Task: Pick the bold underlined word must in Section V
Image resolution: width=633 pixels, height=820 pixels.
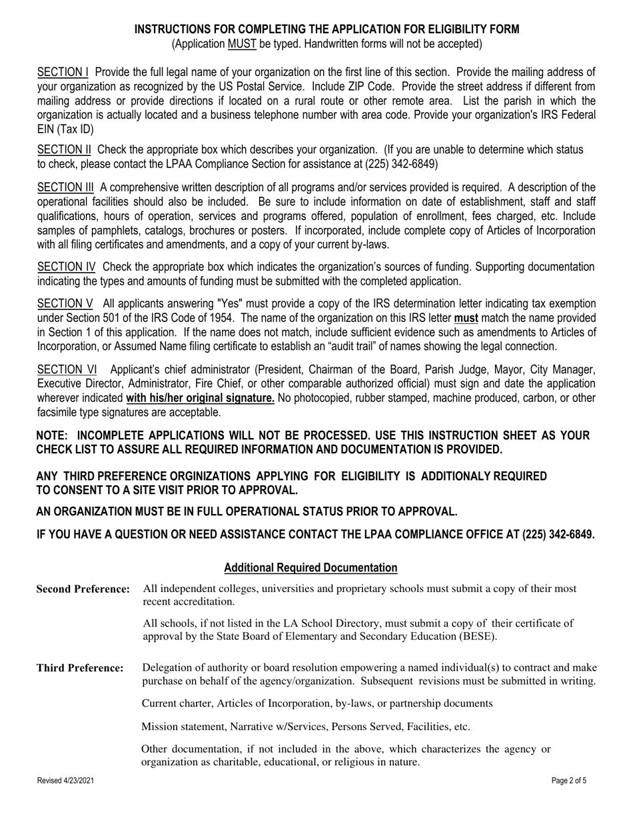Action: click(x=466, y=318)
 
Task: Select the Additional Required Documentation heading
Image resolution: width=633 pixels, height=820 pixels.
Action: click(x=311, y=567)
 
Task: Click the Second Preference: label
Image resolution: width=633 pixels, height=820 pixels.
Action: click(x=83, y=589)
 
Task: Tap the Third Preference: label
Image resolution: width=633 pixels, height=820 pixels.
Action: click(x=80, y=668)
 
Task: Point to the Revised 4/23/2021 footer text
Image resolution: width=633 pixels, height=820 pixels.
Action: click(x=65, y=781)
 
